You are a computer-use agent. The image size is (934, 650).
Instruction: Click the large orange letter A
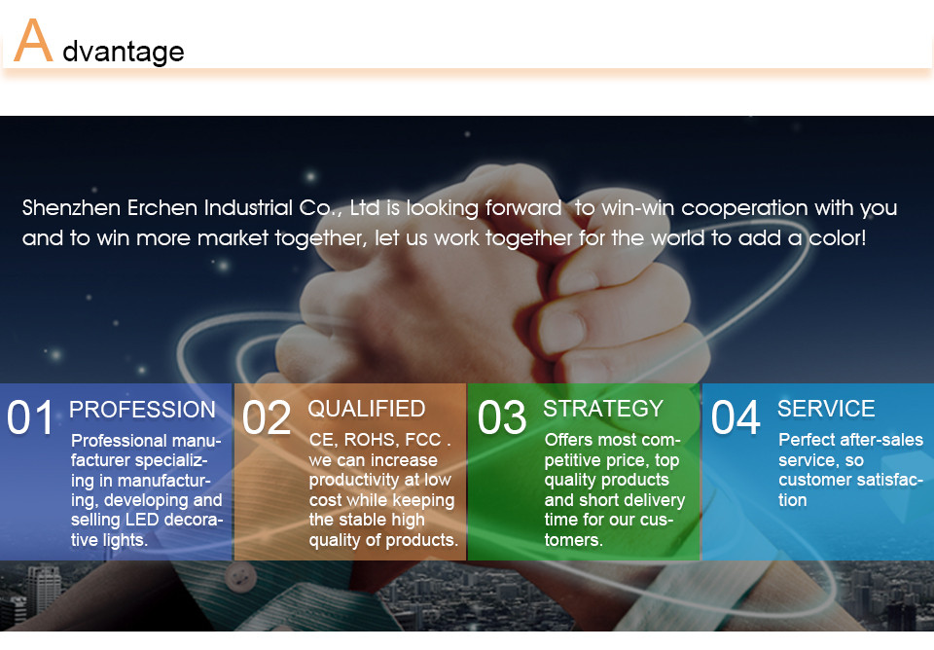[x=33, y=40]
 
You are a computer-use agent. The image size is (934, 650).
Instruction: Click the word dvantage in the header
[x=124, y=52]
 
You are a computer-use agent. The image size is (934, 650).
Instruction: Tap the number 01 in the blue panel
[x=30, y=417]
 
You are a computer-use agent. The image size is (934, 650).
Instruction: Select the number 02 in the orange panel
[x=267, y=417]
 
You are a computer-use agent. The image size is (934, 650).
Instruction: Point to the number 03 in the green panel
[x=502, y=417]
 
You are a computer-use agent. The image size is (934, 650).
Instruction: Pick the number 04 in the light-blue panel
[x=736, y=417]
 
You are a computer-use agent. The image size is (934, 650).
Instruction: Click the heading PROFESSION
[x=142, y=410]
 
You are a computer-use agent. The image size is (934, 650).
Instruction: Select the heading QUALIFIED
[x=367, y=409]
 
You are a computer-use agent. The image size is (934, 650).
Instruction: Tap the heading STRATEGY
[x=603, y=409]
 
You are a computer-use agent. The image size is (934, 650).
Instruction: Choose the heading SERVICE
[x=826, y=409]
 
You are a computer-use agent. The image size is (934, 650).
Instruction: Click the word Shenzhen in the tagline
[x=71, y=208]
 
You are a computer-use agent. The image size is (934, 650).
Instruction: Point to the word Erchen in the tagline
[x=162, y=208]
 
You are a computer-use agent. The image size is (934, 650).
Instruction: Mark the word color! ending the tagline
[x=837, y=238]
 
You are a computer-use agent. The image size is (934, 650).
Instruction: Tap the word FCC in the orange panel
[x=423, y=440]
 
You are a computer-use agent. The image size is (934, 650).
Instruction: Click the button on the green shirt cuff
[x=239, y=577]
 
